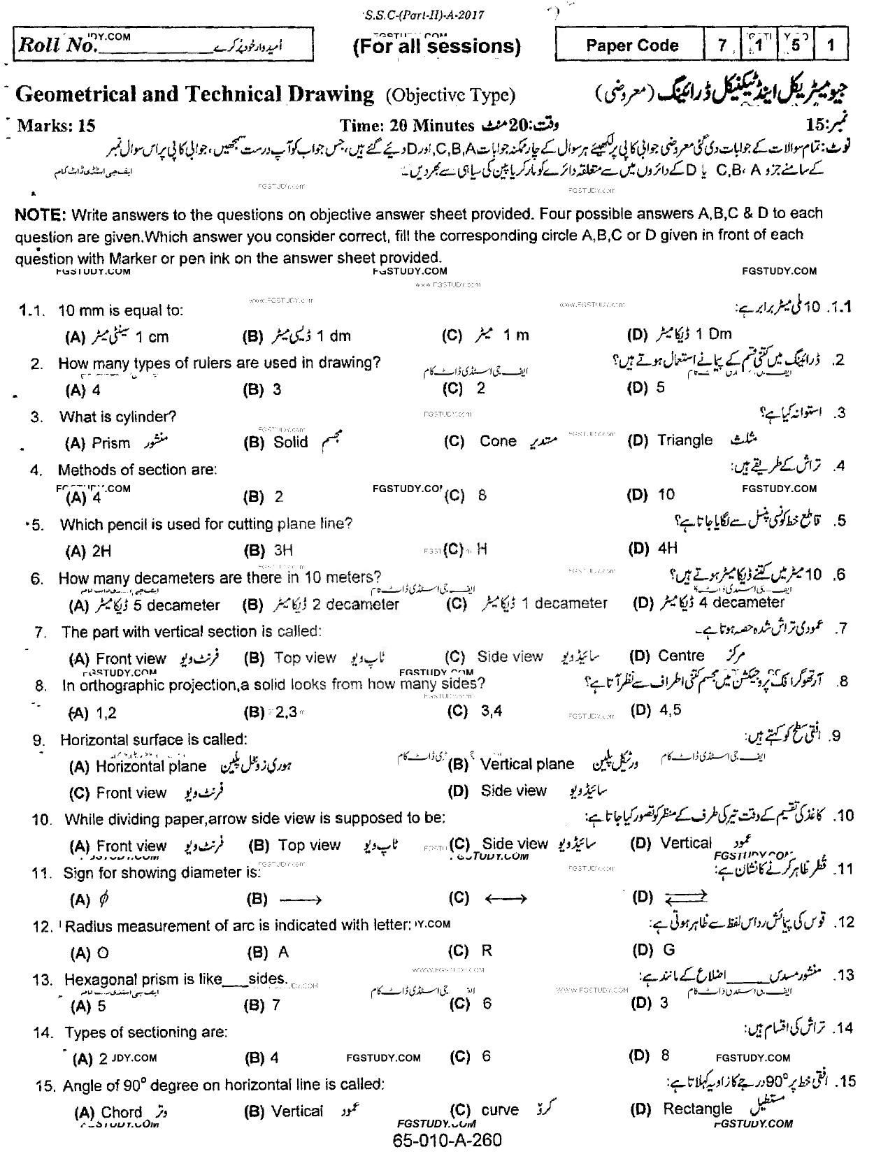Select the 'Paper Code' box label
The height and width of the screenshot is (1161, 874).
(632, 46)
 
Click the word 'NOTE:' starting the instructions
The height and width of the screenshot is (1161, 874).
(41, 214)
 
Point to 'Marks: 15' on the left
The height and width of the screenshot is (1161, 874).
(56, 126)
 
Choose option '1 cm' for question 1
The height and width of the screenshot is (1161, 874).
(152, 337)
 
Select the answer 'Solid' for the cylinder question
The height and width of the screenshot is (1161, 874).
(290, 442)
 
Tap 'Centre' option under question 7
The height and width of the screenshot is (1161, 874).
(681, 656)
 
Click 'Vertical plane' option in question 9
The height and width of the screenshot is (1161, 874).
(527, 764)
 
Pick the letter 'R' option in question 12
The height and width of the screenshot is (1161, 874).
(487, 951)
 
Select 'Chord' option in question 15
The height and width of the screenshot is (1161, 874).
(122, 1112)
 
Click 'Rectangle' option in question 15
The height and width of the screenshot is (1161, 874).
(697, 1109)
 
